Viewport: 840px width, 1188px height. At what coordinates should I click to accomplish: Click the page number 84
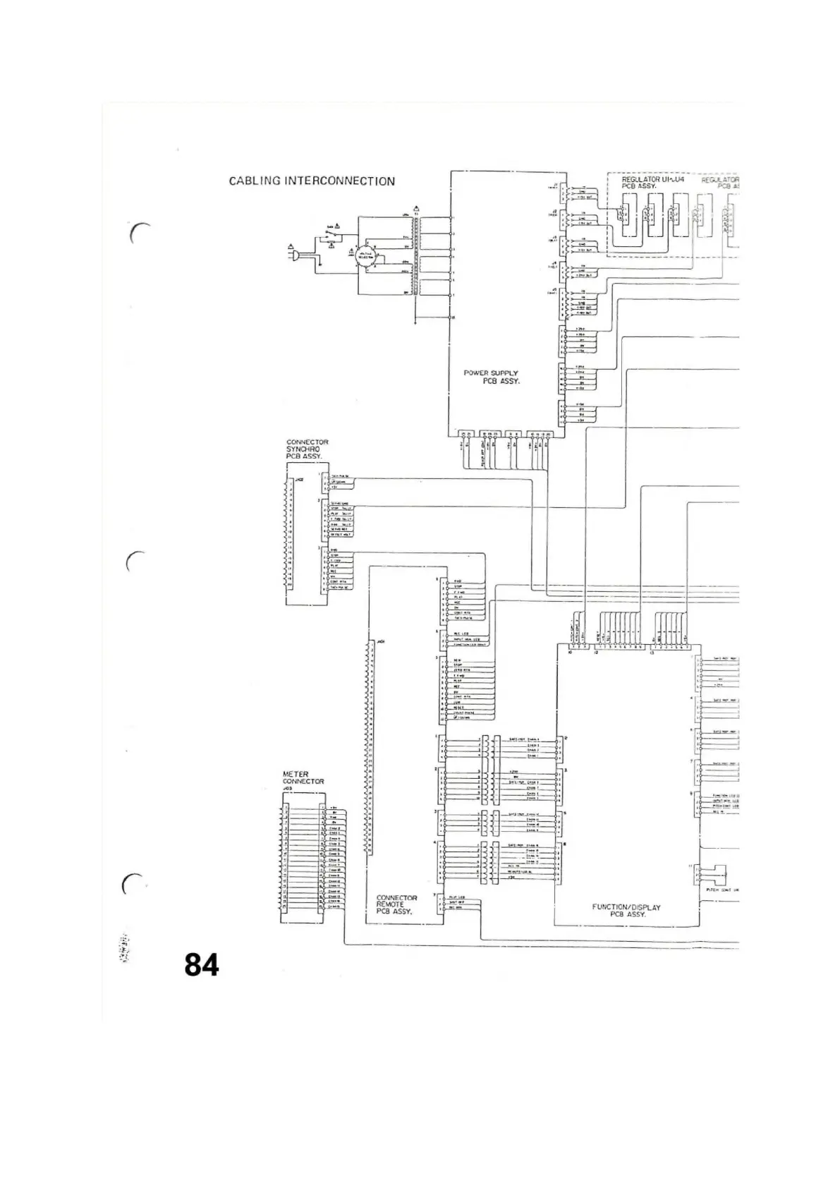[202, 964]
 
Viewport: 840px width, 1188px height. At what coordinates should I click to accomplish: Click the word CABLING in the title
[255, 181]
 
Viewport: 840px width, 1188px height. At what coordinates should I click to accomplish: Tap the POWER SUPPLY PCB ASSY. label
[491, 377]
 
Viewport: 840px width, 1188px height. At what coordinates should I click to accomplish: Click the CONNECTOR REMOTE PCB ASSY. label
[396, 904]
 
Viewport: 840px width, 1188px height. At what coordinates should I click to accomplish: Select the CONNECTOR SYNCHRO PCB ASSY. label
[307, 449]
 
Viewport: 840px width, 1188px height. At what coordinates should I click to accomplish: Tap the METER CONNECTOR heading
[303, 777]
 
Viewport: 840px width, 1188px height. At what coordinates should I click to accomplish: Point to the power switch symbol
[330, 233]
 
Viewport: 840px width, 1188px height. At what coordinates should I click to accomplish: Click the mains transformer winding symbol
[416, 257]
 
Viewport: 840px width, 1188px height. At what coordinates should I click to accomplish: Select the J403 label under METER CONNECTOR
[287, 788]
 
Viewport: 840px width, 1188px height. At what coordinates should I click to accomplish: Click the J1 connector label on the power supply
[554, 186]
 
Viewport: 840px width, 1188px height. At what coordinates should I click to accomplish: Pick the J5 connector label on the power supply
[554, 290]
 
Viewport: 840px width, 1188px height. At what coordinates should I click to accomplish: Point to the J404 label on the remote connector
[380, 642]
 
